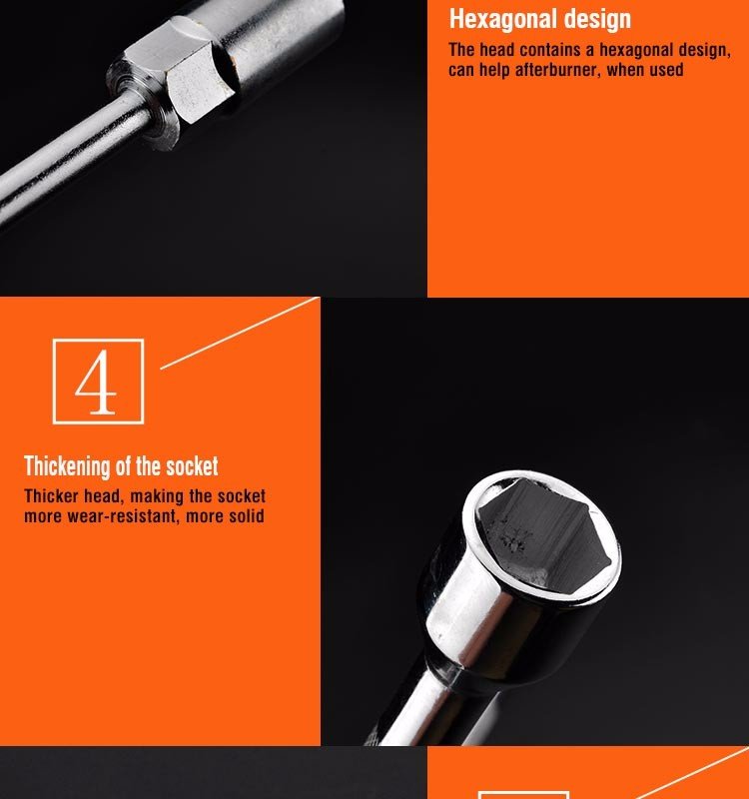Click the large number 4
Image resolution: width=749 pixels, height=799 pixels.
coord(96,382)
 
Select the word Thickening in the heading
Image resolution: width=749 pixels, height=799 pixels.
coord(67,465)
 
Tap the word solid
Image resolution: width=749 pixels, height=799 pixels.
coord(247,515)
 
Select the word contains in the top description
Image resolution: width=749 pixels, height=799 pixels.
coord(550,50)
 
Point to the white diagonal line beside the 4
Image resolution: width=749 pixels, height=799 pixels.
coord(240,333)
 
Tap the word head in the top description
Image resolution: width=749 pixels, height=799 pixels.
coord(496,50)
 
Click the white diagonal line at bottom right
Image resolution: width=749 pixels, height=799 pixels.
coord(693,772)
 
